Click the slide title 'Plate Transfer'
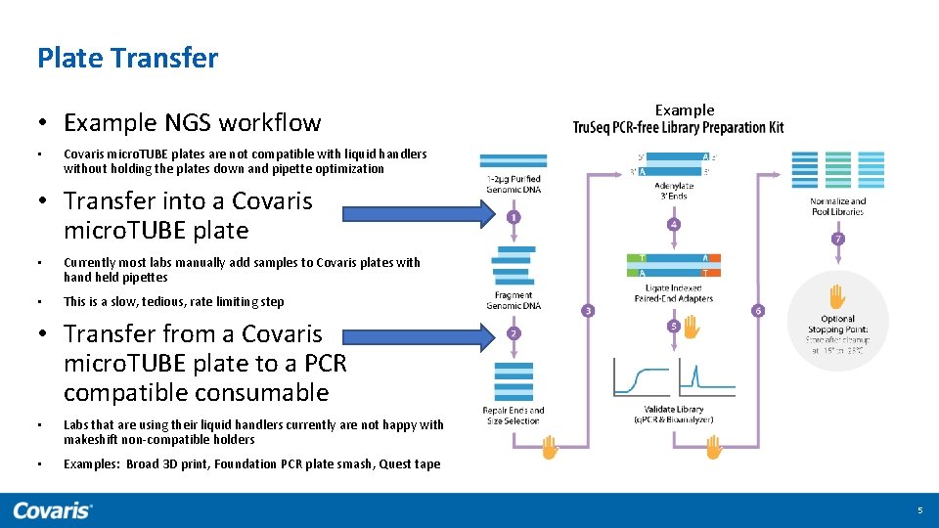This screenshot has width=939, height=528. [x=127, y=58]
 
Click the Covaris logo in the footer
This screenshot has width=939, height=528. [x=53, y=509]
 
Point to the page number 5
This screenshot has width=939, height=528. [x=918, y=510]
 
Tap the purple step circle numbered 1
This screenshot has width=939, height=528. [x=514, y=216]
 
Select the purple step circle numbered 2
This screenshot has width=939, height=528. [x=514, y=333]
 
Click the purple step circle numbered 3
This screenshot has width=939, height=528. [x=588, y=311]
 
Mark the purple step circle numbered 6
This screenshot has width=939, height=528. [x=758, y=311]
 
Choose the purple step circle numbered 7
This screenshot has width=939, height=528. [x=837, y=239]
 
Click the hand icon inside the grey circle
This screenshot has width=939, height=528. [x=837, y=295]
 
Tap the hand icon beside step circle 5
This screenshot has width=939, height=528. [x=692, y=328]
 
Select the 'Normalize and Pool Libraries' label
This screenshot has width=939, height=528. [x=837, y=206]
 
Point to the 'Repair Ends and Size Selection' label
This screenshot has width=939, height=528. [x=514, y=415]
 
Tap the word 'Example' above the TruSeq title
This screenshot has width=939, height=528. [x=684, y=110]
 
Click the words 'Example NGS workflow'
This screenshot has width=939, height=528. [x=192, y=122]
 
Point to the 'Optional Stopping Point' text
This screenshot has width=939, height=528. [x=837, y=324]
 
